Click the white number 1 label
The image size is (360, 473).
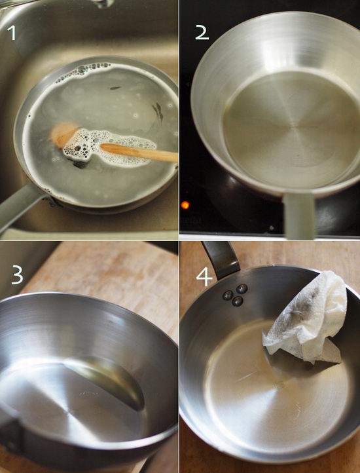click(12, 33)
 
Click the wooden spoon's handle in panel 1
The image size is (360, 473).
click(139, 152)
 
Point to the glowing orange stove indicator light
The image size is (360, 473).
click(185, 205)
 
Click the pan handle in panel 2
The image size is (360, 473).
click(299, 215)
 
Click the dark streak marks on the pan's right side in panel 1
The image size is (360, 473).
click(158, 111)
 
